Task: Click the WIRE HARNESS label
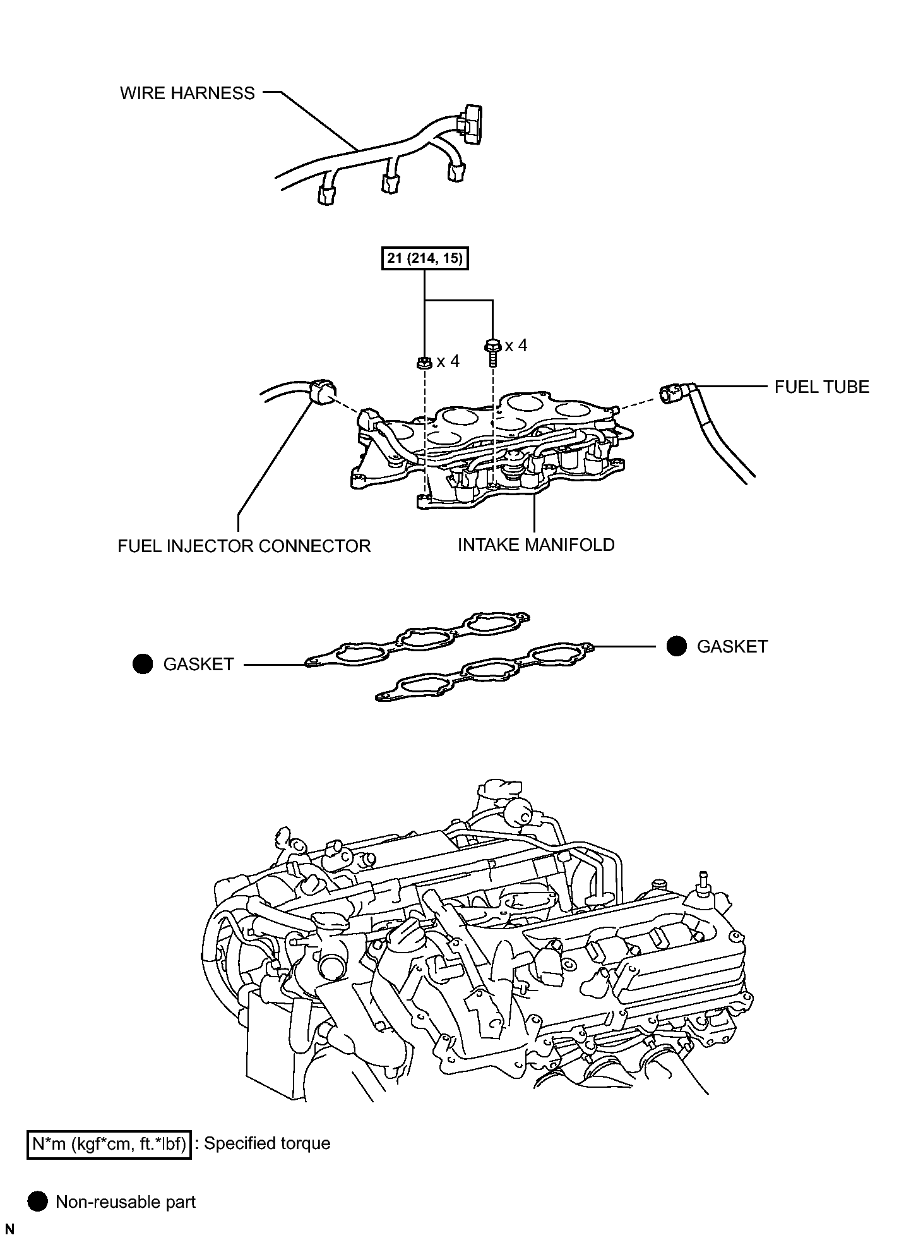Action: click(x=188, y=93)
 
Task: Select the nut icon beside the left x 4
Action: click(x=425, y=362)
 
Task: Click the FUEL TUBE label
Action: click(x=821, y=387)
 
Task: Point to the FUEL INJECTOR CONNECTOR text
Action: click(x=244, y=546)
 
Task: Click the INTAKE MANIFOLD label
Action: click(x=535, y=545)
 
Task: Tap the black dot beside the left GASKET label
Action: click(x=143, y=664)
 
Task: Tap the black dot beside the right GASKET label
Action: click(x=677, y=646)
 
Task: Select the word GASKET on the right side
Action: click(x=732, y=647)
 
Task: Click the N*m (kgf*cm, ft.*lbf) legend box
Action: click(x=109, y=1143)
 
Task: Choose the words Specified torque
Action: click(x=267, y=1143)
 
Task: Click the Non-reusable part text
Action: click(x=126, y=1201)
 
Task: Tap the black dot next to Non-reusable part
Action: click(x=38, y=1201)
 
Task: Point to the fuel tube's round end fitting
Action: click(x=670, y=394)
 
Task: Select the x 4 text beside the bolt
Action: click(x=516, y=346)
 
